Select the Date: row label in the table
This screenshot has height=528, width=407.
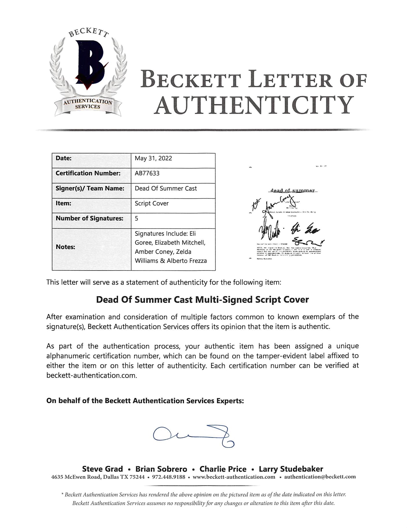click(63, 158)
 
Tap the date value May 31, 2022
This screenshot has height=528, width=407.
click(153, 158)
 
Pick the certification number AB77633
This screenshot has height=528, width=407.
click(147, 173)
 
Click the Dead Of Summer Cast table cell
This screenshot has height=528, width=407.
click(166, 188)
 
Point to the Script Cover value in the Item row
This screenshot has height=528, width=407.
click(151, 203)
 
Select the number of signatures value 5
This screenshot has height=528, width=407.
click(137, 218)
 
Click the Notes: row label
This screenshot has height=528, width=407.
click(65, 247)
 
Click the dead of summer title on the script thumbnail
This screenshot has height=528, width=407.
click(292, 191)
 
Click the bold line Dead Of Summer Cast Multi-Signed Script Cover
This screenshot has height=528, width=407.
click(202, 299)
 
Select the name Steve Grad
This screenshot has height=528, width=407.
click(102, 469)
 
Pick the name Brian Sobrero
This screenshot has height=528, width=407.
click(161, 469)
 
